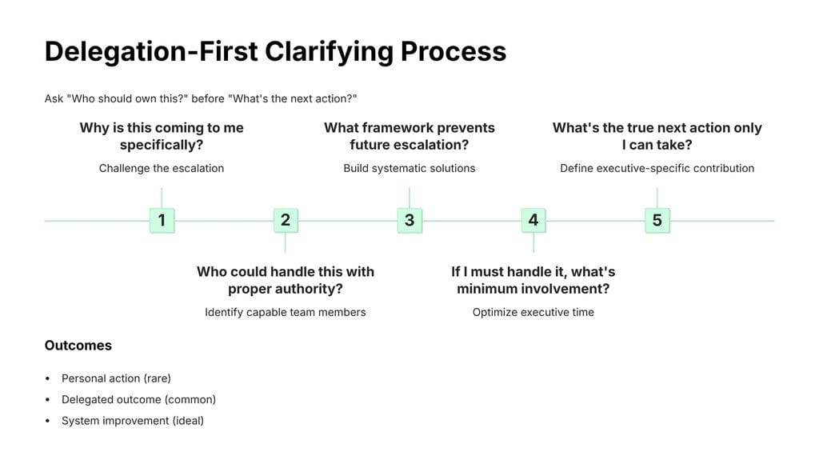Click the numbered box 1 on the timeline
[162, 220]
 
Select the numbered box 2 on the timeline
[286, 220]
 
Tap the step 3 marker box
[409, 220]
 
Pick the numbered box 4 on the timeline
[533, 220]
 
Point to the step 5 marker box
[657, 220]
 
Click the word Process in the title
[453, 51]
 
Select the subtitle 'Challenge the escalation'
[162, 168]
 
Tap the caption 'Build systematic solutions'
[409, 168]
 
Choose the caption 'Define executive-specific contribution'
[657, 168]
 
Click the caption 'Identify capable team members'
[286, 312]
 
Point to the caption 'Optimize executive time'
[533, 312]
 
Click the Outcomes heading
[78, 346]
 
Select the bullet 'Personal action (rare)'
[116, 378]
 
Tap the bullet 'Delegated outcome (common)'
[138, 399]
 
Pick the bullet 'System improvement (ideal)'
[133, 420]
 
